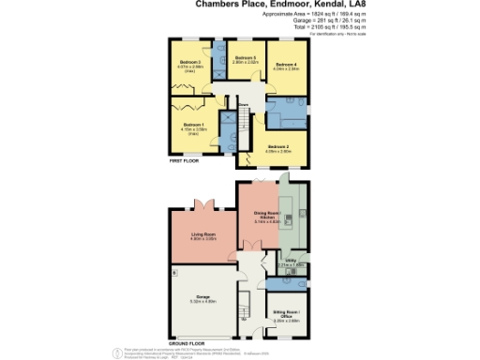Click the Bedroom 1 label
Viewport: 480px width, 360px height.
[x=193, y=125]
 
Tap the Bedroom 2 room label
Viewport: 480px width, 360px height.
[x=277, y=147]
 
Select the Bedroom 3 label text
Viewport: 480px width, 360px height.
[x=190, y=63]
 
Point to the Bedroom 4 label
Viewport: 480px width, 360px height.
[x=286, y=65]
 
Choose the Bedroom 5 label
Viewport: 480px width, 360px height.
[x=246, y=59]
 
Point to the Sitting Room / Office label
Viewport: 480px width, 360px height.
[x=285, y=313]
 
